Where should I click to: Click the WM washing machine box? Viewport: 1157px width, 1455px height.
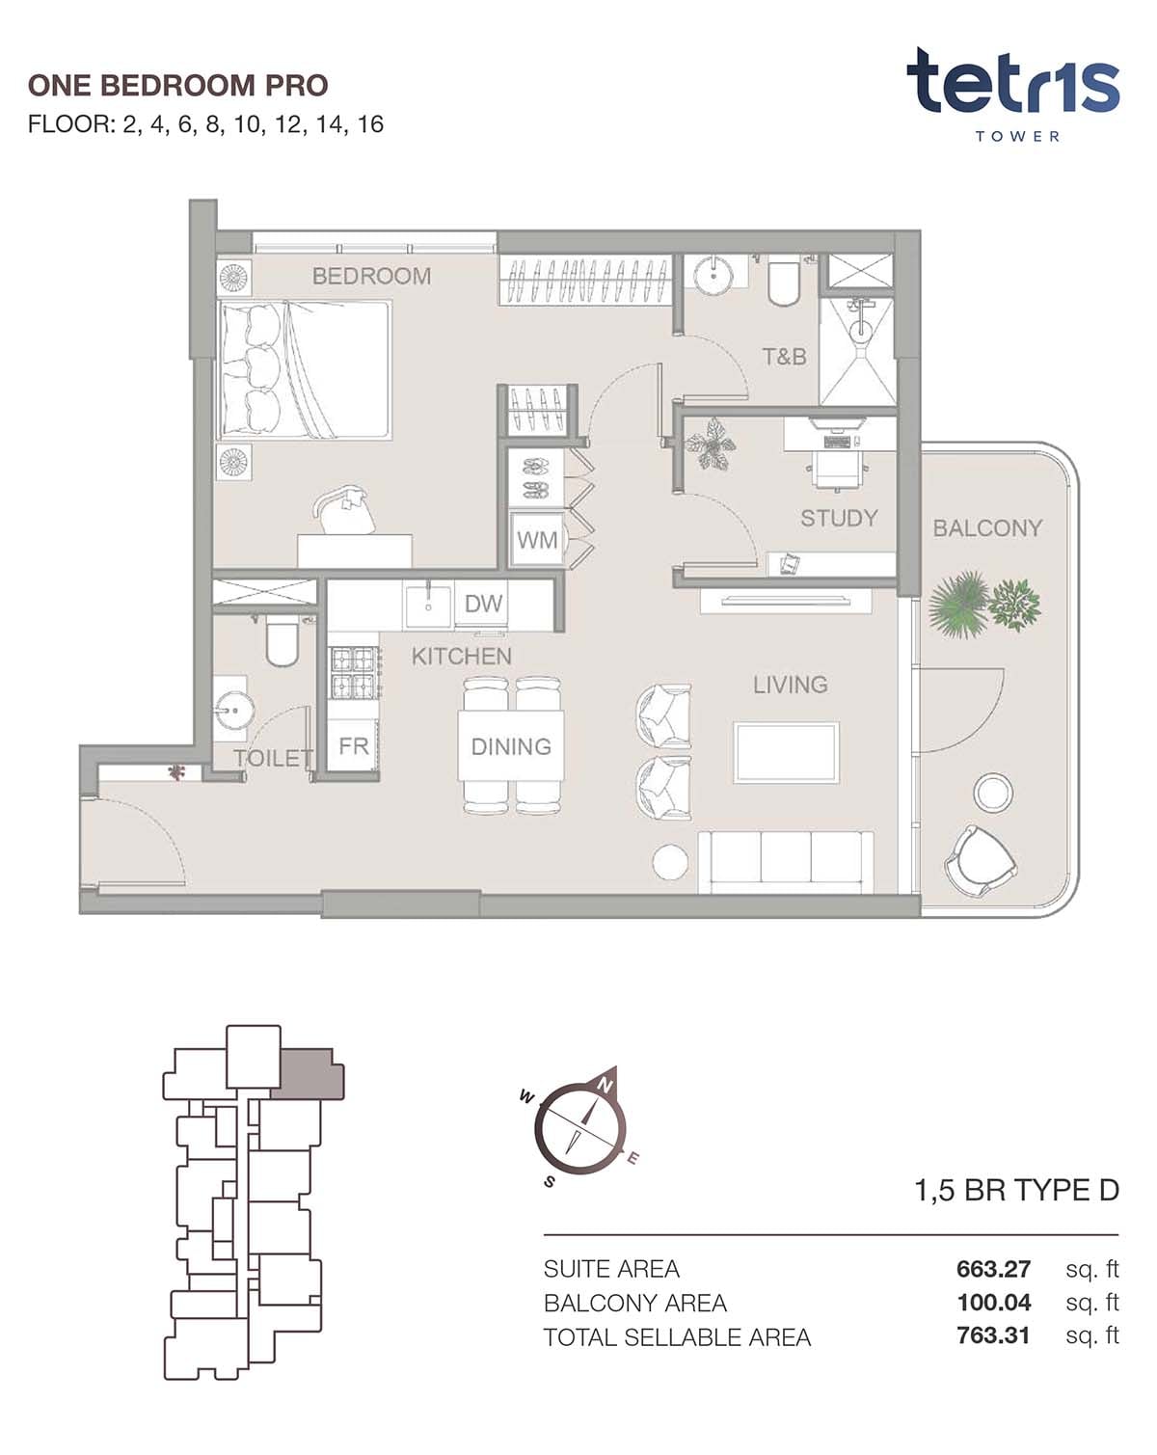pyautogui.click(x=538, y=540)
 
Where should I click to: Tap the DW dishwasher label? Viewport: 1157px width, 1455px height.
pyautogui.click(x=483, y=603)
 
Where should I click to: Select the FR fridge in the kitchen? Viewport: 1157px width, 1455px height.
pyautogui.click(x=353, y=746)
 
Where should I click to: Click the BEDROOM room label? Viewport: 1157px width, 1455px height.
pyautogui.click(x=371, y=276)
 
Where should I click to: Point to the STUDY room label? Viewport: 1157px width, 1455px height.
pyautogui.click(x=839, y=518)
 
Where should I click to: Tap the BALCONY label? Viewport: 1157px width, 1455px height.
pyautogui.click(x=987, y=528)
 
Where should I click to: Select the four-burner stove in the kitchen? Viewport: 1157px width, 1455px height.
pyautogui.click(x=354, y=673)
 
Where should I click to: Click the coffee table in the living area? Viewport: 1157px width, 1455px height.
pyautogui.click(x=787, y=753)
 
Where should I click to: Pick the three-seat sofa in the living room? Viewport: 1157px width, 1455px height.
pyautogui.click(x=785, y=863)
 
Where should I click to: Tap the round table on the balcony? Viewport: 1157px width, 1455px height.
pyautogui.click(x=993, y=793)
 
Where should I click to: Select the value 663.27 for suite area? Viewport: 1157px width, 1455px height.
pyautogui.click(x=993, y=1268)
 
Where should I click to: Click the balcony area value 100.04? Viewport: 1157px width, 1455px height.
pyautogui.click(x=993, y=1303)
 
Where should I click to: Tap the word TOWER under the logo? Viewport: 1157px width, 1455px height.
pyautogui.click(x=1017, y=137)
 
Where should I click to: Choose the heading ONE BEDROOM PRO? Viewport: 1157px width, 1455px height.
pyautogui.click(x=177, y=86)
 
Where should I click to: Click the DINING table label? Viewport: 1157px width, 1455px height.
pyautogui.click(x=511, y=746)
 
